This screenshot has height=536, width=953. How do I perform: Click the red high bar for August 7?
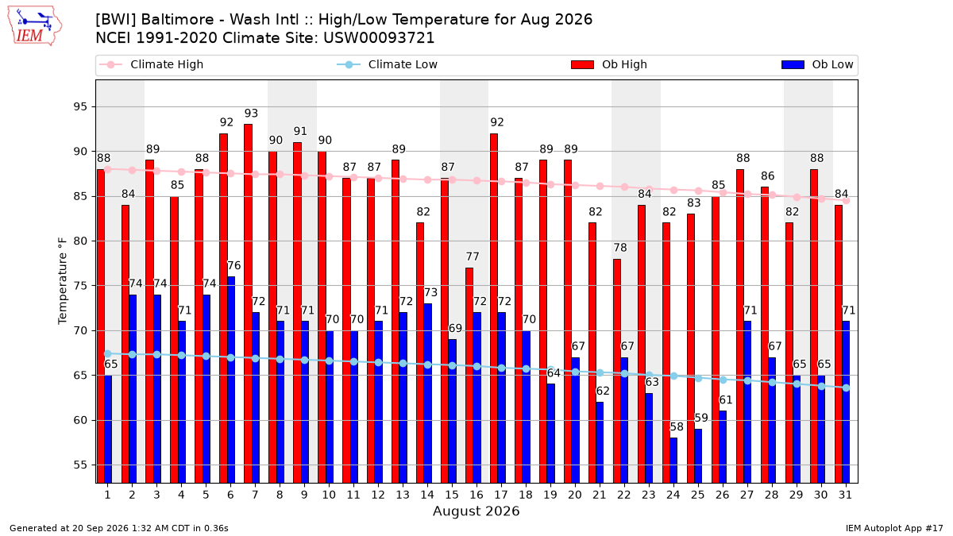(248, 303)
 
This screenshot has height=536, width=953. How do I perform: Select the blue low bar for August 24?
(673, 461)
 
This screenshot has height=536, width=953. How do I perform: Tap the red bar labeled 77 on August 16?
(469, 375)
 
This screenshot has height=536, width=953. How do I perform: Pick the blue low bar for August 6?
(231, 380)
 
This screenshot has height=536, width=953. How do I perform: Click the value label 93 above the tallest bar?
(251, 113)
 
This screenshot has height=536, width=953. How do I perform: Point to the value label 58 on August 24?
(677, 426)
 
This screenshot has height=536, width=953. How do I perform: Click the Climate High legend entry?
(152, 64)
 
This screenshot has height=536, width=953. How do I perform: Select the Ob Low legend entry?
(817, 64)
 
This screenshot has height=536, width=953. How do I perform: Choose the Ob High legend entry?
(609, 64)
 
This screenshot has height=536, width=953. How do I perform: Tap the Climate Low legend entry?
(388, 64)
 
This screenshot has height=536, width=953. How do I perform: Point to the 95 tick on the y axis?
(80, 106)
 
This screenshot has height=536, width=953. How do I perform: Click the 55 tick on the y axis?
(80, 465)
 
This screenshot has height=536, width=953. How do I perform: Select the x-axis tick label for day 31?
(845, 495)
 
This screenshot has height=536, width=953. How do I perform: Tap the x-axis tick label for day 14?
(427, 495)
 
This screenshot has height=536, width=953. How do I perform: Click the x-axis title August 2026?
(476, 511)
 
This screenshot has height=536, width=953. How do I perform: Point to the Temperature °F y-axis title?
(63, 281)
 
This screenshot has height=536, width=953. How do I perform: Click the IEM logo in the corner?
(35, 26)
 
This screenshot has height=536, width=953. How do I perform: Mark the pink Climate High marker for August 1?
(108, 169)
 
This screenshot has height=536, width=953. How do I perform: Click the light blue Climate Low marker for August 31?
(847, 388)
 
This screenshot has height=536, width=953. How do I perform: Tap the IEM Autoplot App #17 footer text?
(894, 528)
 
